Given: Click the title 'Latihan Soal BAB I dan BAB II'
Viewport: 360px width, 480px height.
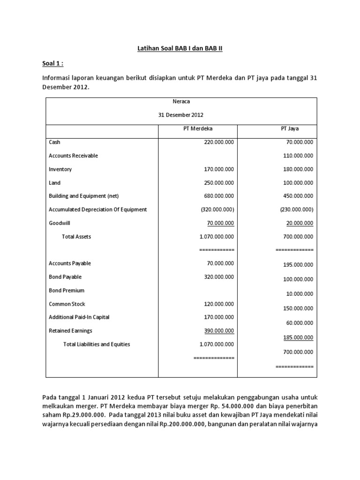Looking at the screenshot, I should (180, 48).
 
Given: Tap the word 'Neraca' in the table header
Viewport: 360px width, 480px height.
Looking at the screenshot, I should (180, 101).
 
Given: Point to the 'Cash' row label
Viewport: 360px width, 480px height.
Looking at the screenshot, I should (55, 142).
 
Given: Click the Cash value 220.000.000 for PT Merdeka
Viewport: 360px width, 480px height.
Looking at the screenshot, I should (217, 142).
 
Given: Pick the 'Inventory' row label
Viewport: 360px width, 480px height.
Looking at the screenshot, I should (60, 169).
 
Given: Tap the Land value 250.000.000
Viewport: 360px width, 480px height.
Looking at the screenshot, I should (217, 183).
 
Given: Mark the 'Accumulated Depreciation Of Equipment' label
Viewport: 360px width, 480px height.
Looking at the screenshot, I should (98, 210).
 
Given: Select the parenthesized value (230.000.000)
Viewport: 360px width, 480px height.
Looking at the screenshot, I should (295, 210).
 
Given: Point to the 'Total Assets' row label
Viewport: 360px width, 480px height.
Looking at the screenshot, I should (76, 237).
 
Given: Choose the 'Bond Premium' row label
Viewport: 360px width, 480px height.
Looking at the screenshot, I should (67, 291).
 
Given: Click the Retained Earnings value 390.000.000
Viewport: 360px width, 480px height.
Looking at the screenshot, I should (217, 330).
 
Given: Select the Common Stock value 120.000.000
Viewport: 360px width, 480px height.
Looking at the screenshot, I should (217, 304).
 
